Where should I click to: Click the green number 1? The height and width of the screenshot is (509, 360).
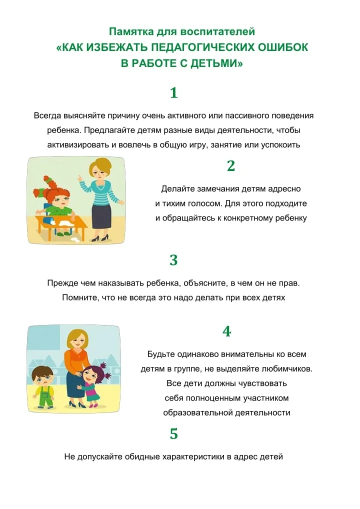(174, 93)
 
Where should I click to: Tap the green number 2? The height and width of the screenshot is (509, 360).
(231, 166)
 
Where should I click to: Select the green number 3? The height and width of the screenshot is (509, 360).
(173, 260)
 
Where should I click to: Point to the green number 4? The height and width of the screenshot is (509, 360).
(226, 331)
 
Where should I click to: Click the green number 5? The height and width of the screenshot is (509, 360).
(174, 433)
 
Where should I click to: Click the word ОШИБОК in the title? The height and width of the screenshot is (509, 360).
(282, 47)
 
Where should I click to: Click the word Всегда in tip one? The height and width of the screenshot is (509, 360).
(47, 116)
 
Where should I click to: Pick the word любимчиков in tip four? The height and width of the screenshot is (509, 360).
(286, 369)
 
